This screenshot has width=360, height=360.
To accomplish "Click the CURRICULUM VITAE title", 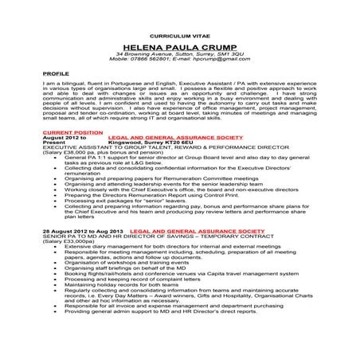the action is (179, 37).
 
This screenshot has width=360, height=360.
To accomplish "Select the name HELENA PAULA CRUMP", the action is (179, 47).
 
